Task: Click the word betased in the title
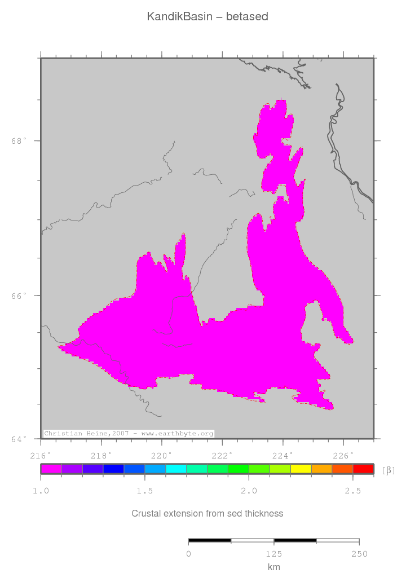[247, 17]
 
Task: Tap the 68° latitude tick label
[19, 141]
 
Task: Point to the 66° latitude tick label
[19, 296]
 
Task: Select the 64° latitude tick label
[19, 439]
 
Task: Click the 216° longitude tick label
[41, 455]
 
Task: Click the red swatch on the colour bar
[363, 469]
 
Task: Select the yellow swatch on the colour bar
[301, 469]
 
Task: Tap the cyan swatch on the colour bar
[176, 469]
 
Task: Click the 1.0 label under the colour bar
[41, 491]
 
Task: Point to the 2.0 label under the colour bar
[249, 491]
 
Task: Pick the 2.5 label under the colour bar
[353, 491]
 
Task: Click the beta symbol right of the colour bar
[388, 470]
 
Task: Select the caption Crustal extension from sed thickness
[207, 513]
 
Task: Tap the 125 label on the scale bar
[273, 554]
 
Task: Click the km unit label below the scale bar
[273, 567]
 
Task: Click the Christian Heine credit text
[129, 433]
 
